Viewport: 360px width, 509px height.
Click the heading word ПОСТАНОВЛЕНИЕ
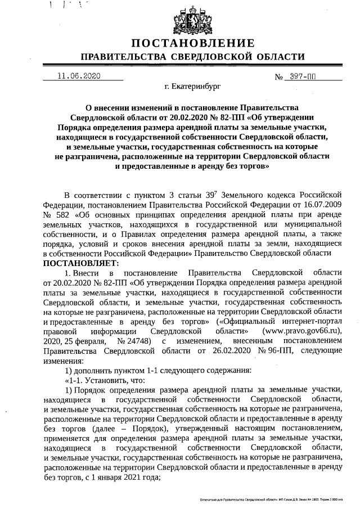click(x=193, y=43)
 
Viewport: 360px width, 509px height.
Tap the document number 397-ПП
click(x=304, y=76)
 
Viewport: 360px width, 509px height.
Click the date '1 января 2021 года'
click(x=125, y=478)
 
